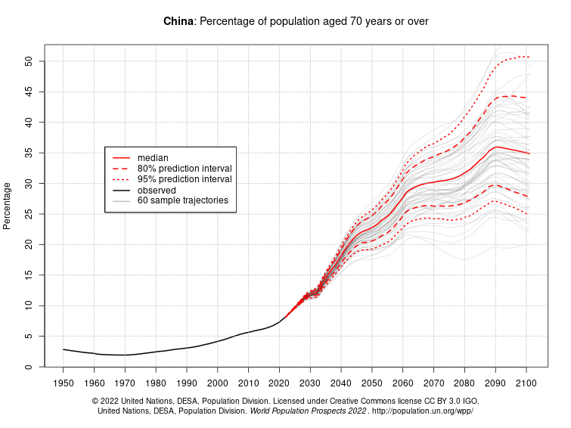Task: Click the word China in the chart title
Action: (178, 21)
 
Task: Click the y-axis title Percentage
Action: (8, 206)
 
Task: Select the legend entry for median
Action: (152, 157)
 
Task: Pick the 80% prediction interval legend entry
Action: (184, 168)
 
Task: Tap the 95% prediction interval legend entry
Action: (184, 179)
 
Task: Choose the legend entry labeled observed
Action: (157, 190)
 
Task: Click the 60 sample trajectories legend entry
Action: (182, 201)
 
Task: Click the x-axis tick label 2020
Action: (279, 383)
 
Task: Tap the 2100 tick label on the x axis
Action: (526, 383)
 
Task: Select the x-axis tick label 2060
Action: (402, 383)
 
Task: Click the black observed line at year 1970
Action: (125, 355)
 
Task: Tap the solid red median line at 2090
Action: (495, 147)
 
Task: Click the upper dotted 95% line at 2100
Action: (526, 57)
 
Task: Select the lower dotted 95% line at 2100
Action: (526, 213)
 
